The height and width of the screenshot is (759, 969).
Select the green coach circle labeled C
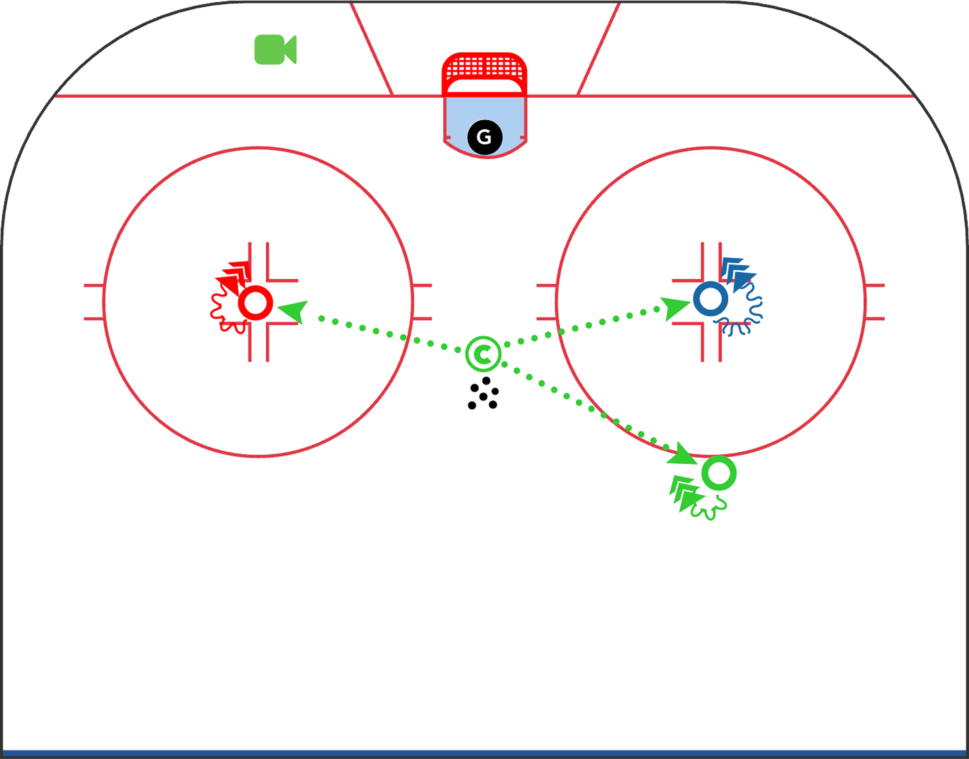(x=483, y=354)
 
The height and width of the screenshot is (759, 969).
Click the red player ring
(x=255, y=303)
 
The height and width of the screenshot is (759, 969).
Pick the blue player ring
(x=710, y=299)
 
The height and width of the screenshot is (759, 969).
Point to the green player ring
(x=719, y=473)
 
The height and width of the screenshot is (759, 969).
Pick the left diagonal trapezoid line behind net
(x=371, y=49)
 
